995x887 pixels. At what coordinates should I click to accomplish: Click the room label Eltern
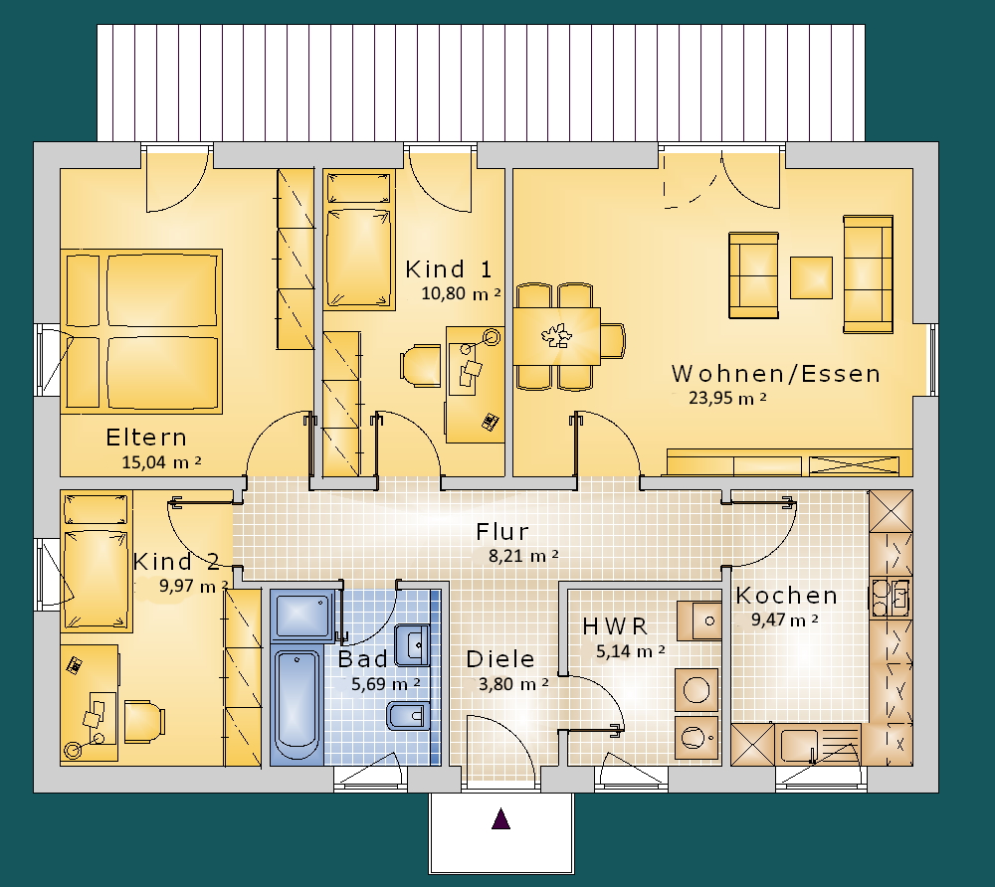[146, 438]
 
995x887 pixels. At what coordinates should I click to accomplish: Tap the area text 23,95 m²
[728, 398]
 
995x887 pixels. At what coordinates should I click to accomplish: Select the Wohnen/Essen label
[776, 374]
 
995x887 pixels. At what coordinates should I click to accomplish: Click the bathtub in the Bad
[297, 704]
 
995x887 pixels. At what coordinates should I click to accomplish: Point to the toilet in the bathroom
[407, 716]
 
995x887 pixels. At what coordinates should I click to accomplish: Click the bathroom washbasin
[413, 644]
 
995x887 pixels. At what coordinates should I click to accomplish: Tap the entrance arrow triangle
[501, 818]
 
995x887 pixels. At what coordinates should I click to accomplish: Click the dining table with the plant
[556, 336]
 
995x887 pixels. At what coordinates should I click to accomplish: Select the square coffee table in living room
[811, 277]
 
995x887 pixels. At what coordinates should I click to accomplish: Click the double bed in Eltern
[141, 331]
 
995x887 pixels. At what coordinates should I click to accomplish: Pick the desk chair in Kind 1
[420, 365]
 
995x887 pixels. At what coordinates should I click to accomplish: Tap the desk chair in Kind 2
[144, 722]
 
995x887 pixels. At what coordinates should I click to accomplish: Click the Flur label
[502, 531]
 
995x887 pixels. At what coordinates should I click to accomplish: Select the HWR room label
[615, 626]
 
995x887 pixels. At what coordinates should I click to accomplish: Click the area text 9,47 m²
[785, 620]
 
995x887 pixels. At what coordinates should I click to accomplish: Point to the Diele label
[500, 659]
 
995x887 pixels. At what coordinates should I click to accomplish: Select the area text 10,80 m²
[462, 293]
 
